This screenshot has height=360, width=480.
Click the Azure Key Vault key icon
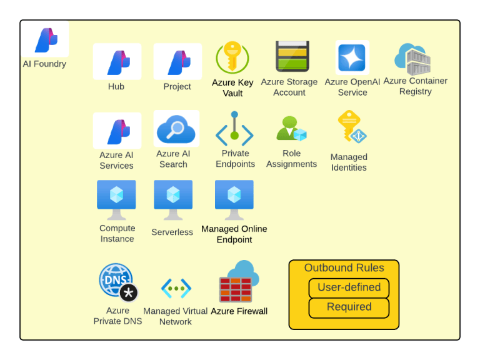pyautogui.click(x=232, y=57)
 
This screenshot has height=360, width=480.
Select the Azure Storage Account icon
pyautogui.click(x=292, y=56)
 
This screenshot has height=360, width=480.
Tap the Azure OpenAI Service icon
pyautogui.click(x=352, y=57)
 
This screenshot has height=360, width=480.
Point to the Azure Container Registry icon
pyautogui.click(x=412, y=59)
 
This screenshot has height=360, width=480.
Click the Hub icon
pyautogui.click(x=117, y=61)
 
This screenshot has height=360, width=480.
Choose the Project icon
pyautogui.click(x=177, y=61)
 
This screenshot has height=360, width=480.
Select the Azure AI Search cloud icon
pyautogui.click(x=176, y=129)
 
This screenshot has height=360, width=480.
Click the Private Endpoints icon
pyautogui.click(x=234, y=129)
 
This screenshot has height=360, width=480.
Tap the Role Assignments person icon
pyautogui.click(x=291, y=128)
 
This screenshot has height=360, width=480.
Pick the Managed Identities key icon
pyautogui.click(x=352, y=126)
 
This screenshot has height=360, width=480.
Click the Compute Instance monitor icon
pyautogui.click(x=116, y=200)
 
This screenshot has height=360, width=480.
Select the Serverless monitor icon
pyautogui.click(x=173, y=200)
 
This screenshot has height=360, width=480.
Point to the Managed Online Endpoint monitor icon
pyautogui.click(x=234, y=200)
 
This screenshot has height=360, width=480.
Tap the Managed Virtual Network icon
pyautogui.click(x=176, y=288)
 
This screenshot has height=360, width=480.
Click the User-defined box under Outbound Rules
pyautogui.click(x=349, y=287)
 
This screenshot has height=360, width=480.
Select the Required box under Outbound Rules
pyautogui.click(x=349, y=307)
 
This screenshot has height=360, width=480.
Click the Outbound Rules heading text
pyautogui.click(x=344, y=268)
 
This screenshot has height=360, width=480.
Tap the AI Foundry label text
pyautogui.click(x=45, y=64)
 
